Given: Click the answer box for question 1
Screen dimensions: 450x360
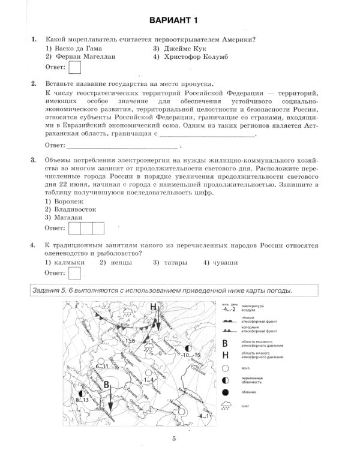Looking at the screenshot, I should tap(75, 68).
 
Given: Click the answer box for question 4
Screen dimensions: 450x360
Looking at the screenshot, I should tap(75, 274).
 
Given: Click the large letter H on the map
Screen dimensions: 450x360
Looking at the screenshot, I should tap(153, 307).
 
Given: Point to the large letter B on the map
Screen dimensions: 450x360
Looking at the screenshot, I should tap(106, 385).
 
